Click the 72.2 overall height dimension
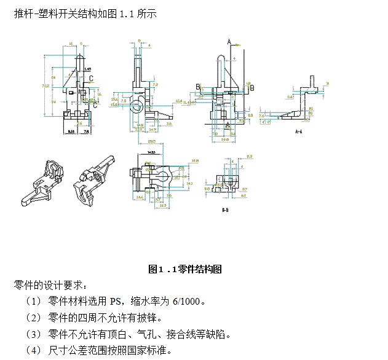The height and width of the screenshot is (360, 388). pos(46,86)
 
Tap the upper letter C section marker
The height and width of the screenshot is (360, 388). pos(92,79)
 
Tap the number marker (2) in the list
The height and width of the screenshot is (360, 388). pos(33,318)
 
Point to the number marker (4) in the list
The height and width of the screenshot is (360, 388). pos(33,351)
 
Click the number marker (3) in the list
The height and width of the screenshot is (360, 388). pos(33,335)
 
